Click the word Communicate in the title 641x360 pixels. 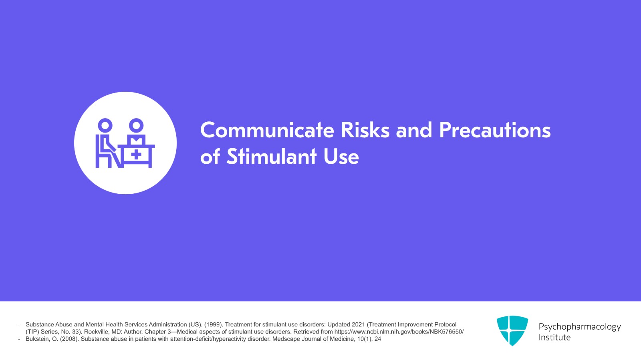(x=267, y=130)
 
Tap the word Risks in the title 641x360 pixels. (x=365, y=130)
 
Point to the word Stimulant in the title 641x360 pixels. (x=271, y=157)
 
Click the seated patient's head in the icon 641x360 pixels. (x=105, y=125)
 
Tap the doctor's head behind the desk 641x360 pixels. (x=136, y=125)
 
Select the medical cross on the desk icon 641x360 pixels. (x=136, y=154)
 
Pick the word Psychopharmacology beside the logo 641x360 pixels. (x=579, y=327)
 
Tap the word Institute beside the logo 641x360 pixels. (x=554, y=338)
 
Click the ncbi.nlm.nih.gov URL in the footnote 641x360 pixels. (x=399, y=332)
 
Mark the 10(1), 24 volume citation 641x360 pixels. (x=369, y=339)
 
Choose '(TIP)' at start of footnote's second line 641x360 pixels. (x=32, y=332)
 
